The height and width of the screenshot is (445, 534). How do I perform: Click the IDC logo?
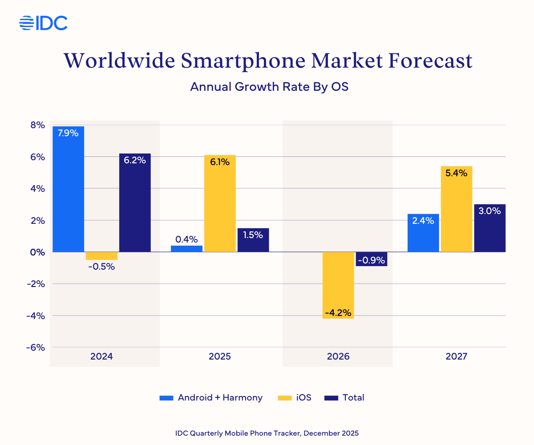[43, 23]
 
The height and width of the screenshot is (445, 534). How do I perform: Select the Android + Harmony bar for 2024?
[69, 189]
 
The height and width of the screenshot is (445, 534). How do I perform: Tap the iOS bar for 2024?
[101, 256]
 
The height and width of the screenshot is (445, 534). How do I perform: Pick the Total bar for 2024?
[135, 202]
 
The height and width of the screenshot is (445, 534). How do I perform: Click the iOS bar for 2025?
[220, 203]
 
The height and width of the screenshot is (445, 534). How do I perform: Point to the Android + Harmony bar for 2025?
[186, 249]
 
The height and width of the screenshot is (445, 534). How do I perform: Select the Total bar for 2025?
[253, 240]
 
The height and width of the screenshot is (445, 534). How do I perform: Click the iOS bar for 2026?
[338, 285]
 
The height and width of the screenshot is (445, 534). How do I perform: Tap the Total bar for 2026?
[372, 259]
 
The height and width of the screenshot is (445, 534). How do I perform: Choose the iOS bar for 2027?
[457, 209]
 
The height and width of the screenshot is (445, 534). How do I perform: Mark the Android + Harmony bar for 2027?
[423, 233]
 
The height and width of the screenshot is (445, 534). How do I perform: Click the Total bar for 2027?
[490, 228]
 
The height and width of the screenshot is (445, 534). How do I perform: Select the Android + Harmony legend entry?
[211, 397]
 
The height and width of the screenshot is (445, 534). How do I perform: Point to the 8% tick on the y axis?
[37, 125]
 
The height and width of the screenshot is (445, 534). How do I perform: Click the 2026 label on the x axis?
[338, 356]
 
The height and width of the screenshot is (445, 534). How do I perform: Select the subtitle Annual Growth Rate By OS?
[269, 86]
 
